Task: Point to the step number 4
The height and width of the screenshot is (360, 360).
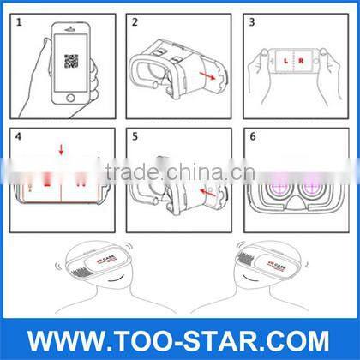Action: click(19, 136)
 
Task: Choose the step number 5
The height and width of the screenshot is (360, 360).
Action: click(135, 136)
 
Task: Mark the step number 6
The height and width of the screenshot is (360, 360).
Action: click(252, 136)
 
